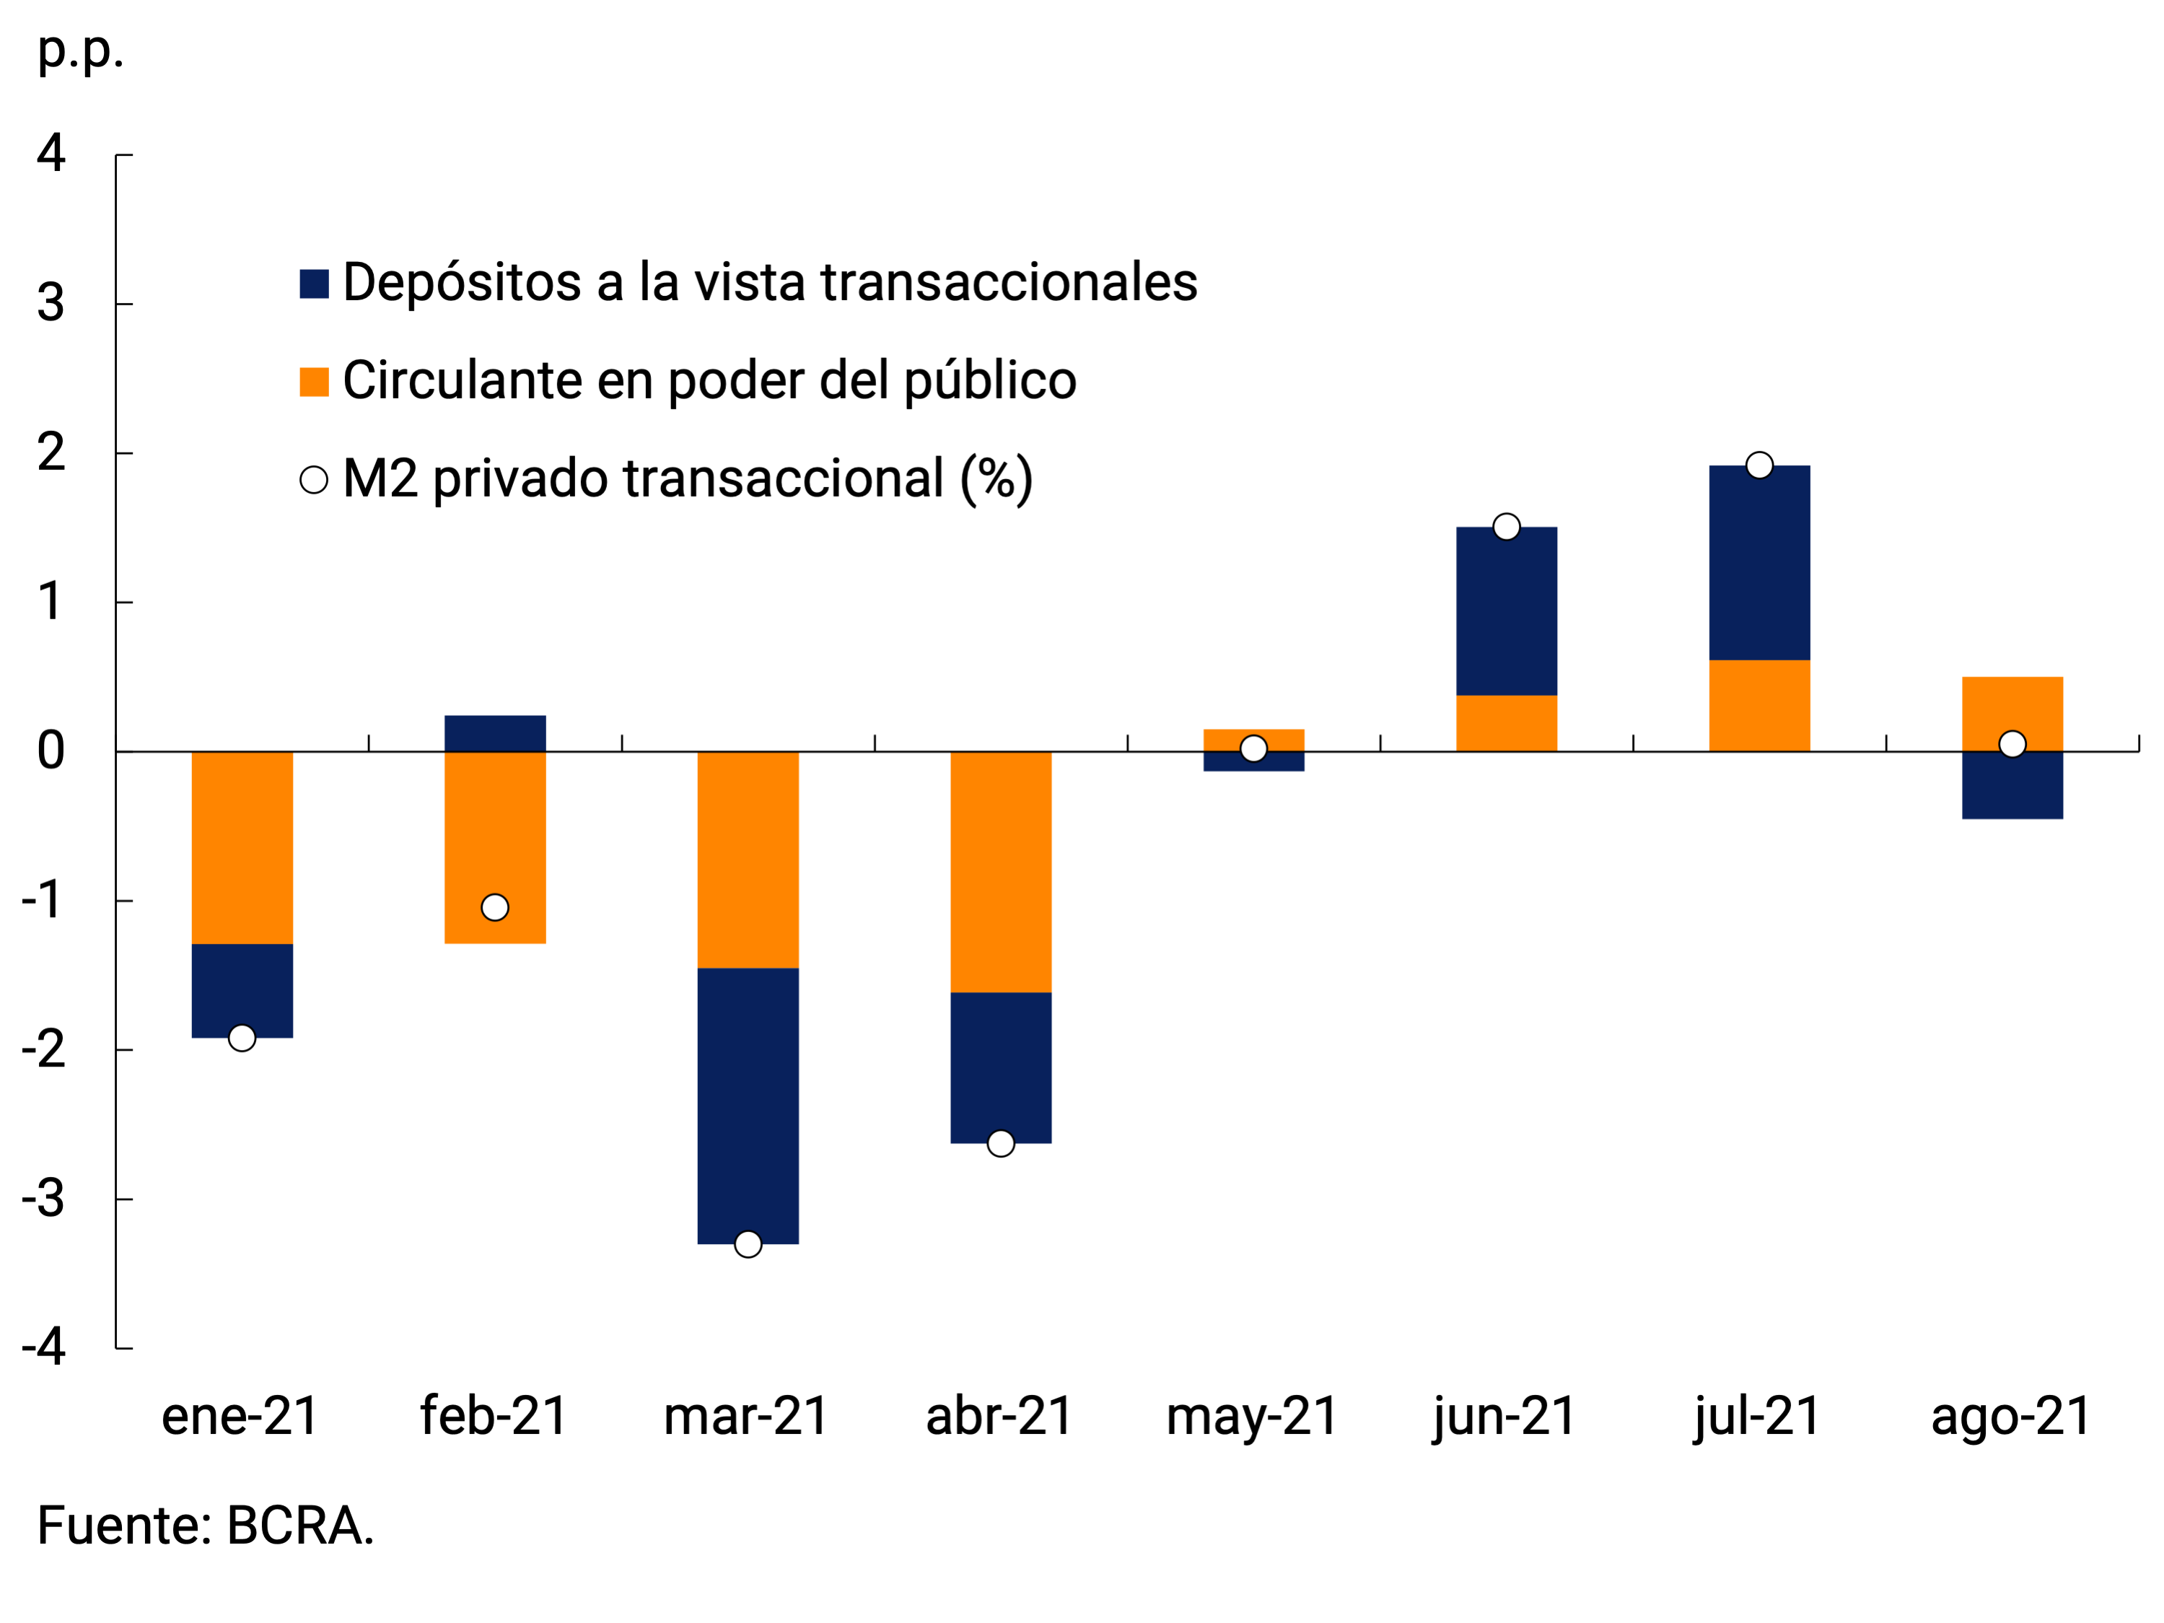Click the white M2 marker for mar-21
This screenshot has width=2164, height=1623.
(748, 1244)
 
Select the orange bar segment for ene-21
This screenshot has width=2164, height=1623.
(242, 847)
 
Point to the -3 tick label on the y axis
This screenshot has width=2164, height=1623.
(44, 1199)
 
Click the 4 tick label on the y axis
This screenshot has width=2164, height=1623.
(51, 154)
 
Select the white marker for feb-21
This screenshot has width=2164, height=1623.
(495, 908)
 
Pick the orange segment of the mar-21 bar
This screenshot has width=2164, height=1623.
(748, 859)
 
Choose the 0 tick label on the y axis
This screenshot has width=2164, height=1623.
(51, 751)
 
